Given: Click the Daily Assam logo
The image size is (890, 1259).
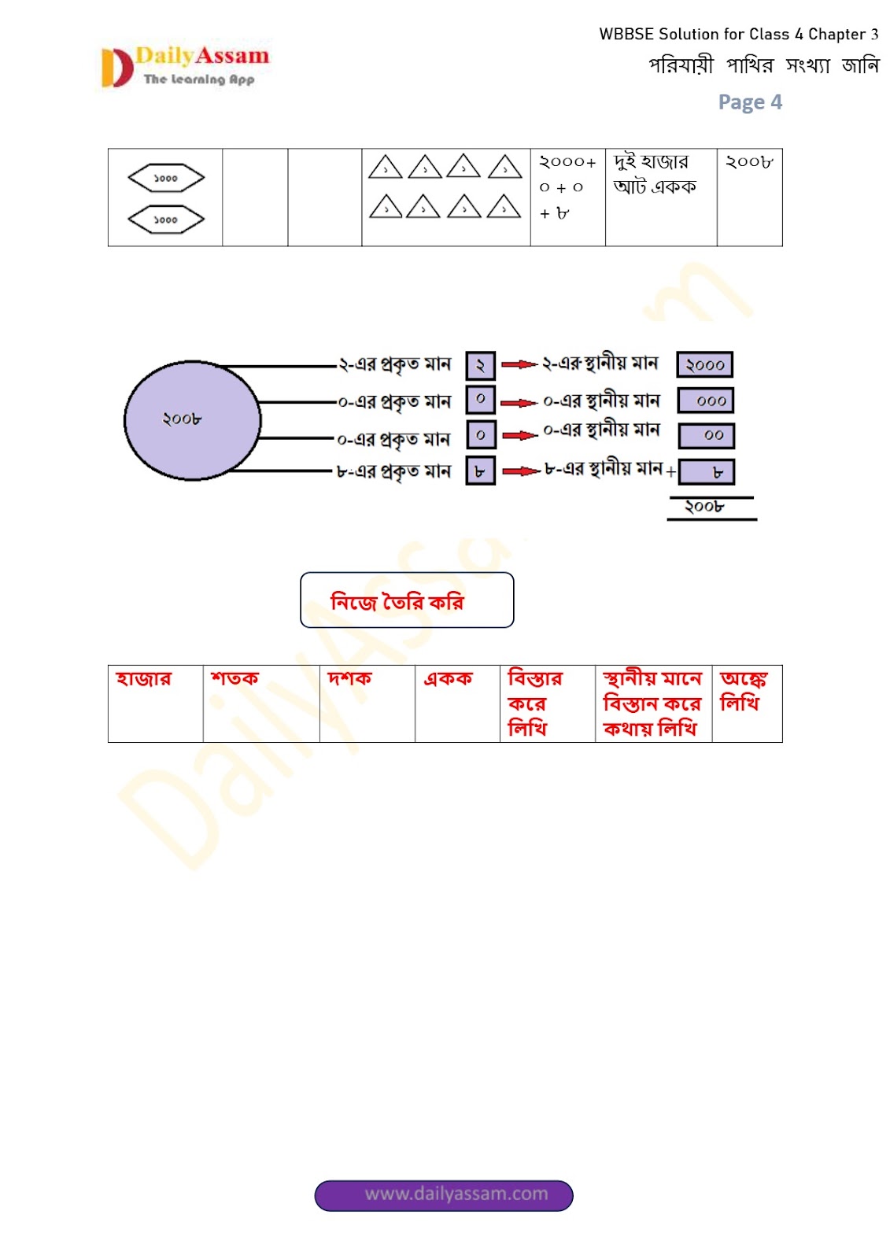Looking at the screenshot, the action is [x=186, y=66].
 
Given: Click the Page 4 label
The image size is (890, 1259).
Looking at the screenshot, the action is [x=750, y=102].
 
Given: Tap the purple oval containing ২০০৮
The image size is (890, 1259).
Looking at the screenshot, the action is [x=192, y=420].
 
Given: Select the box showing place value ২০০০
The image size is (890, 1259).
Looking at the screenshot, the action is [x=704, y=365].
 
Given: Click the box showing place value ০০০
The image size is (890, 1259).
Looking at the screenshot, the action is [x=705, y=401].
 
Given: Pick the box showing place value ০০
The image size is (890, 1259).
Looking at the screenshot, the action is [x=707, y=435].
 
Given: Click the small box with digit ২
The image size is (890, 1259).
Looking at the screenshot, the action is [x=480, y=365].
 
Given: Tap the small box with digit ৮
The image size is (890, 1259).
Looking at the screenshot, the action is [x=480, y=471].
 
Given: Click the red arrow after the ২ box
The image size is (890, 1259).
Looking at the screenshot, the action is [x=519, y=364].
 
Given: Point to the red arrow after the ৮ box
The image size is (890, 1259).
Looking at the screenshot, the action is [x=521, y=471].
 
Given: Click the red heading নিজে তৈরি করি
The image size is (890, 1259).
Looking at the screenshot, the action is [x=397, y=602].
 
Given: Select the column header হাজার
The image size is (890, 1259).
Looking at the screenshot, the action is [x=143, y=678].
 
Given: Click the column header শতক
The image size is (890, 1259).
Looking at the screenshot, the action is [x=235, y=678].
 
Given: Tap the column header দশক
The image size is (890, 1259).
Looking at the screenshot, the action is [x=349, y=678].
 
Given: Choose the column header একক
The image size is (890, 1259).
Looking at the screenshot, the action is [x=448, y=678].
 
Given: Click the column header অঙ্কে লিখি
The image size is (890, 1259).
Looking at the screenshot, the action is [x=743, y=691].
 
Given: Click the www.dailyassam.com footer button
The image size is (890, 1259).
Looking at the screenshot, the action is [x=444, y=1194].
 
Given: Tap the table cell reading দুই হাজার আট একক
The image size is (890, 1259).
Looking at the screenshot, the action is [x=655, y=175].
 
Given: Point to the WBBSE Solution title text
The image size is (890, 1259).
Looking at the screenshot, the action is [x=738, y=35].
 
